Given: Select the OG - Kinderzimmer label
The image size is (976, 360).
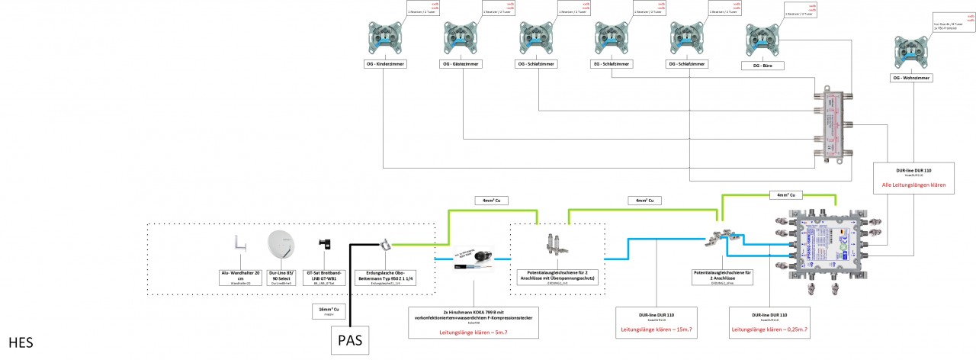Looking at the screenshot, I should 386,65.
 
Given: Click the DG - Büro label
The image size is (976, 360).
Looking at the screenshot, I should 763,66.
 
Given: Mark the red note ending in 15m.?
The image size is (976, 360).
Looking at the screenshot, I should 658,329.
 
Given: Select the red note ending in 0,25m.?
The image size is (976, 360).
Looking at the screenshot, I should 769,329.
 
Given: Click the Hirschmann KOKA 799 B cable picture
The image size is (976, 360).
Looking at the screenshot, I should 474,259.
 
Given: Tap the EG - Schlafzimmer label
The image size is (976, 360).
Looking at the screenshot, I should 612,65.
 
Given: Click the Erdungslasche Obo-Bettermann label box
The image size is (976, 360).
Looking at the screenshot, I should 390,278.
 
